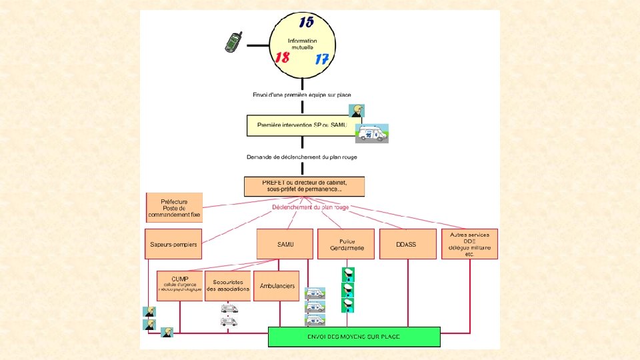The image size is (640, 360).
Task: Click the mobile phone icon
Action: pos(233,42)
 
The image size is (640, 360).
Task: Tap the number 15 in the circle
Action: pos(306,23)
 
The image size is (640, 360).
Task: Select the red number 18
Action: pos(282,57)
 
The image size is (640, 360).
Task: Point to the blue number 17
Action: pos(322,59)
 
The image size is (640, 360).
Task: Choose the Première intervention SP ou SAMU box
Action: pos(301,125)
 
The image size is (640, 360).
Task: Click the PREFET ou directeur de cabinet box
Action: pos(304,186)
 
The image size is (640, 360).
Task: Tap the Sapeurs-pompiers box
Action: pos(174,245)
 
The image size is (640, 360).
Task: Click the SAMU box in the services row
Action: pos(285,245)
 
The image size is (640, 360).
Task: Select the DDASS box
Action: pos(407,245)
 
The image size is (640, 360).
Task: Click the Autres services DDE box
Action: pos(469,244)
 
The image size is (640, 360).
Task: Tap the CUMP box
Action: pos(179,285)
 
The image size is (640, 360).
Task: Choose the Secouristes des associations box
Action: pos(228,285)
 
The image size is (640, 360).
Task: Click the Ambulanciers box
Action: pos(278,285)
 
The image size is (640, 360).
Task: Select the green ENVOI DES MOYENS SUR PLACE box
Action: pos(354,337)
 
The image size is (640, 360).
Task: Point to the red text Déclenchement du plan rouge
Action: pos(310,207)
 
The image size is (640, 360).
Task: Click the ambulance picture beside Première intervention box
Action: pos(371,133)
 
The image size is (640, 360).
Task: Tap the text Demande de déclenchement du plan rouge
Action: pos(302,157)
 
